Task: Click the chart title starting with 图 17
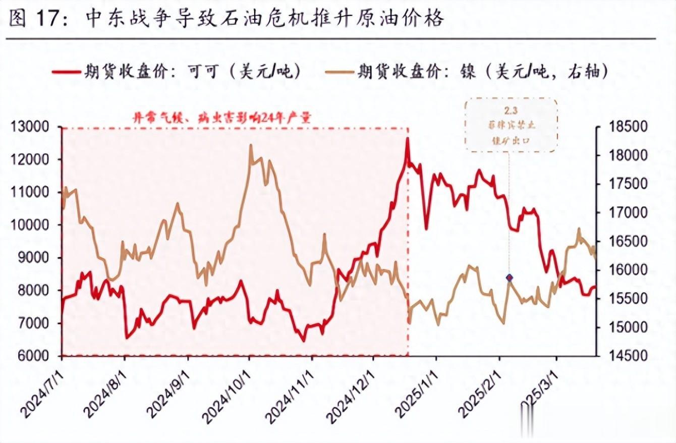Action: pyautogui.click(x=226, y=19)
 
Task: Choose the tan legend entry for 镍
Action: pyautogui.click(x=482, y=72)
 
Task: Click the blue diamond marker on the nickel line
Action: pyautogui.click(x=510, y=277)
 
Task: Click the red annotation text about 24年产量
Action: pyautogui.click(x=222, y=118)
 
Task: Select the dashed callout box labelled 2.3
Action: pyautogui.click(x=511, y=125)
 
